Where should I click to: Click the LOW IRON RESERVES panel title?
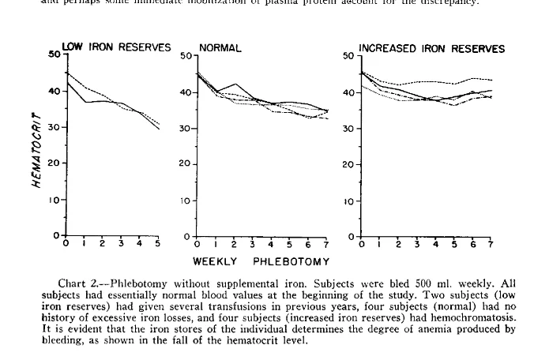tap(116, 47)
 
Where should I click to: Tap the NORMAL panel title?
tap(220, 49)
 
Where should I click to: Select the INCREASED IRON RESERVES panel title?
tap(431, 49)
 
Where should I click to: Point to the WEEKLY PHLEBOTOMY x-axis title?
tap(261, 261)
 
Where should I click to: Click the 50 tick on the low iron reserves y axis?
tap(53, 54)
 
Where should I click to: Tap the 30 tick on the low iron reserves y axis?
tap(55, 127)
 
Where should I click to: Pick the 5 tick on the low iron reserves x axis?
tap(158, 243)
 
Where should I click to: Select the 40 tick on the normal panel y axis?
tap(186, 92)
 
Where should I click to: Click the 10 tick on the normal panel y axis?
tap(186, 201)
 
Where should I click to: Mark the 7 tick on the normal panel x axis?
tap(326, 243)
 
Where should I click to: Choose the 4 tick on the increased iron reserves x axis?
tap(435, 243)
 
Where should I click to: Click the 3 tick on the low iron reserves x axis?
tap(121, 243)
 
